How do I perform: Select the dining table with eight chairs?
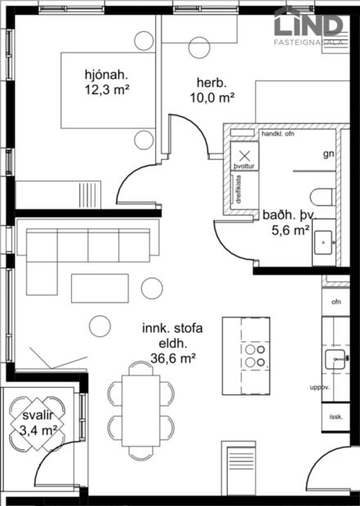tap(141, 410)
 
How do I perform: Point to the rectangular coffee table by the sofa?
tap(100, 287)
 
